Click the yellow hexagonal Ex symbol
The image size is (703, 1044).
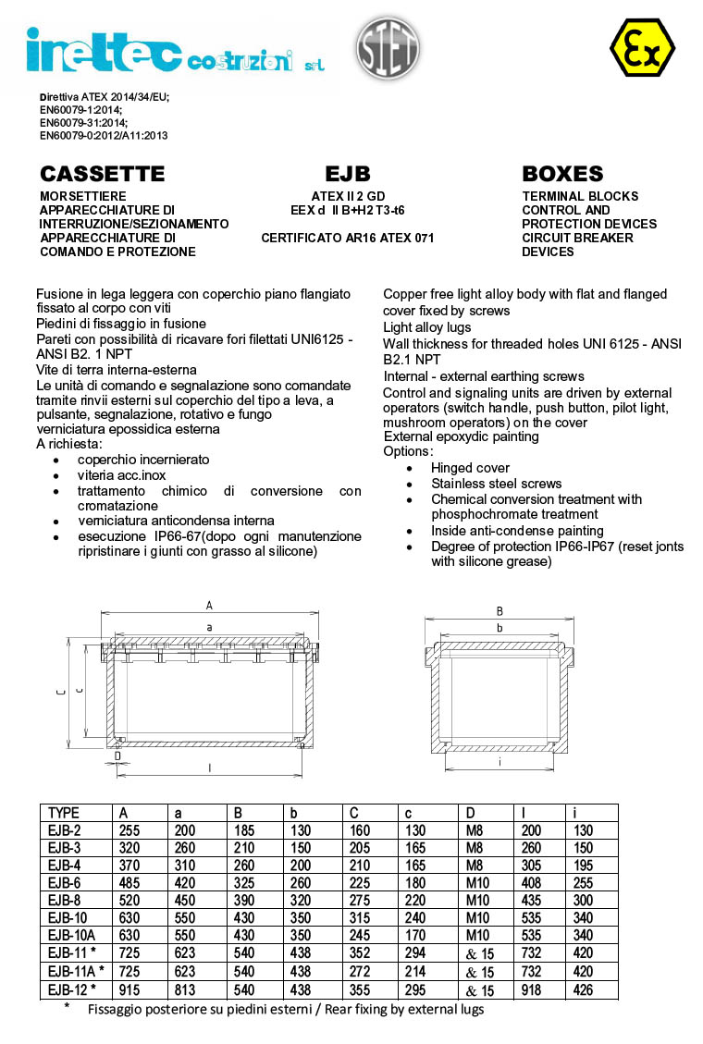pos(642,47)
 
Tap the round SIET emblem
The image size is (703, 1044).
pos(387,47)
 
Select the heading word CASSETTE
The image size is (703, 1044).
pos(103,174)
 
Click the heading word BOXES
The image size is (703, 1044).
pos(562,174)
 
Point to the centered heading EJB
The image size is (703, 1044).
pos(348,174)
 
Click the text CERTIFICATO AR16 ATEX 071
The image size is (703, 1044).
pos(348,238)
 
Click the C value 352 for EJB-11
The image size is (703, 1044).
pos(359,954)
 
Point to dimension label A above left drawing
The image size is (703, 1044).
pos(209,606)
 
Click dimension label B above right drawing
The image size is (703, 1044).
pos(499,611)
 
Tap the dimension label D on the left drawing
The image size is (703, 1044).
pos(117,756)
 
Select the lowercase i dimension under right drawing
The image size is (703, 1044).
pos(499,763)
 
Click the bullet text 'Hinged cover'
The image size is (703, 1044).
pos(470,468)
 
